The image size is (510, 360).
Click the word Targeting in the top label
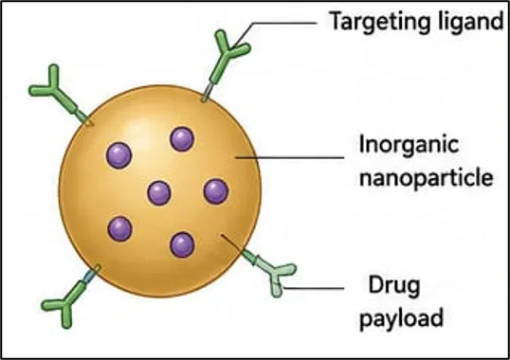click(x=378, y=22)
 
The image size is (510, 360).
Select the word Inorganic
click(x=409, y=145)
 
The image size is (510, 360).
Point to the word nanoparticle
click(x=426, y=178)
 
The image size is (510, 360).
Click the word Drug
click(x=394, y=286)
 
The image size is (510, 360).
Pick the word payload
click(x=401, y=317)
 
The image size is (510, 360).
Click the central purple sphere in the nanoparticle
click(x=159, y=193)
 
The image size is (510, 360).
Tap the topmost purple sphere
click(x=182, y=139)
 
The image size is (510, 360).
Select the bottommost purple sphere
click(x=182, y=244)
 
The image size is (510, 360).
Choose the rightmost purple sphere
click(x=216, y=191)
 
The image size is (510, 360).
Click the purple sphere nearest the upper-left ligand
click(x=119, y=155)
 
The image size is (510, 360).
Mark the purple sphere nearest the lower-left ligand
click(x=120, y=229)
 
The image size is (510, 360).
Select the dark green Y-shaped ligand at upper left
click(x=59, y=93)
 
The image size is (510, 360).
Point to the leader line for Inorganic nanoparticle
click(x=289, y=158)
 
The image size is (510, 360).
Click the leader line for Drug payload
click(x=313, y=288)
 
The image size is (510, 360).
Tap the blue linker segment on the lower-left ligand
click(x=88, y=277)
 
